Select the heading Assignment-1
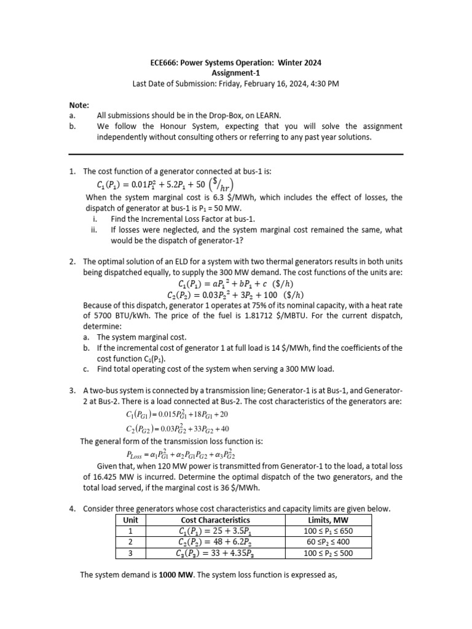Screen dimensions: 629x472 coord(236,72)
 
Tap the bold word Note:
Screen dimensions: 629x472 coord(80,105)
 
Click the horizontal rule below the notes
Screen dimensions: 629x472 coord(236,154)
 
